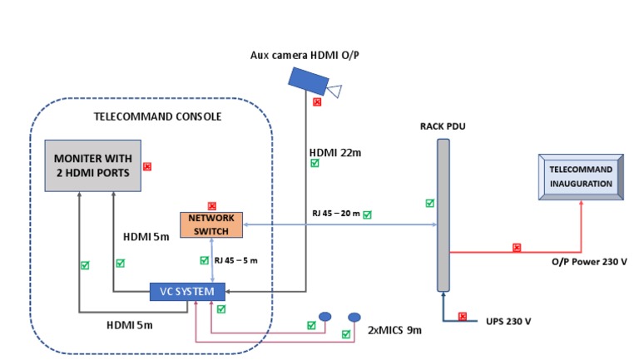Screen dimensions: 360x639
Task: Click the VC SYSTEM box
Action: (x=187, y=292)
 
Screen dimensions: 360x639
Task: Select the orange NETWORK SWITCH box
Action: (x=211, y=224)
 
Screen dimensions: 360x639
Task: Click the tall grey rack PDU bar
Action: (x=443, y=215)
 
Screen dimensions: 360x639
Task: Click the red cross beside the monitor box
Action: (x=147, y=166)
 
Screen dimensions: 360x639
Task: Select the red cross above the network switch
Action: (x=211, y=205)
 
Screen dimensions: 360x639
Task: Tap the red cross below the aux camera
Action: (x=316, y=102)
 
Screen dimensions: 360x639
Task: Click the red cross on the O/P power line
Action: (x=517, y=247)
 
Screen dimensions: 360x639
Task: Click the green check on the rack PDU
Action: (x=429, y=203)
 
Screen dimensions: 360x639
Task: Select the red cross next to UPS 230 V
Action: (x=463, y=316)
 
